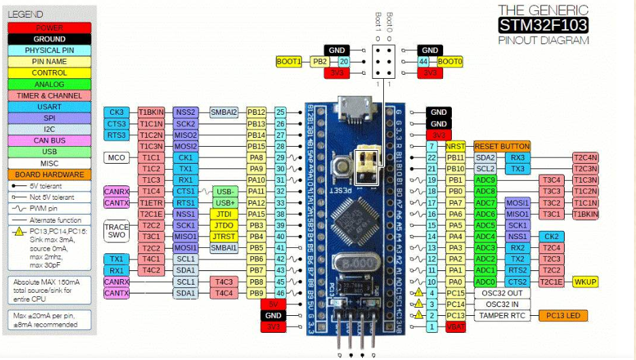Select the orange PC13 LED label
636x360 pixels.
562,315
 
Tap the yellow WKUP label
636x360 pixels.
585,281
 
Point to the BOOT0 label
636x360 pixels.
450,61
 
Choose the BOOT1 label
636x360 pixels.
289,61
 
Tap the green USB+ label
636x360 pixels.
226,203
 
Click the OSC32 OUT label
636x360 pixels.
502,293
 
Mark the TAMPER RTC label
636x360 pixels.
502,315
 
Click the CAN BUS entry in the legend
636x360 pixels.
49,141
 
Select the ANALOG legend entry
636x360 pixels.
49,84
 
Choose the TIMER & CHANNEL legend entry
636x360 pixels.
49,96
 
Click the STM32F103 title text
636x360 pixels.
543,26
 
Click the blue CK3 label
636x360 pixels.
116,112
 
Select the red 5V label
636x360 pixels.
273,304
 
